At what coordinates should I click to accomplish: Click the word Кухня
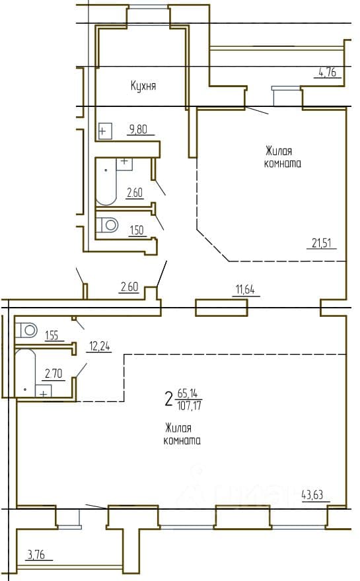pos(143,86)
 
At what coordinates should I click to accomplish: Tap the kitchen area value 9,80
pos(138,129)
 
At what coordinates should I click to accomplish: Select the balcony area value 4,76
pos(327,71)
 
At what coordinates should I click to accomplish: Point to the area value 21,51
pos(322,243)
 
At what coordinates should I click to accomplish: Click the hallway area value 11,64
pos(246,289)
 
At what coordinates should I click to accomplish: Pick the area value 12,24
pos(99,346)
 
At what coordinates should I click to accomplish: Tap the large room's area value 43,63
pos(312,495)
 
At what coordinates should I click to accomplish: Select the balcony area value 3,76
pos(36,555)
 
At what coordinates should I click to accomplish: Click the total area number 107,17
pos(190,406)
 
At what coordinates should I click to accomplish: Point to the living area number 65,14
pos(187,393)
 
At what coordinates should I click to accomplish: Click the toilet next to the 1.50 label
pos(107,224)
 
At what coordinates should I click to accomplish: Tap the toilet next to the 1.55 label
pos(26,329)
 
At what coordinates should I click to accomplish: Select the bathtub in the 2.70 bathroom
pos(25,373)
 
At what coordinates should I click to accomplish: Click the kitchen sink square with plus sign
pos(105,131)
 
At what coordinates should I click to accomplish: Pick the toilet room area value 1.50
pos(137,230)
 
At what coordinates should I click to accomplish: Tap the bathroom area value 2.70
pos(54,374)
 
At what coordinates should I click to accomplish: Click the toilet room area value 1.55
pos(52,335)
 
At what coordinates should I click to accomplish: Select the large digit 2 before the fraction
pos(169,399)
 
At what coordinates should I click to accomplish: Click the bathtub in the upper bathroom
pos(106,182)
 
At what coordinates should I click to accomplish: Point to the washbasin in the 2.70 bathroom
pos(44,392)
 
